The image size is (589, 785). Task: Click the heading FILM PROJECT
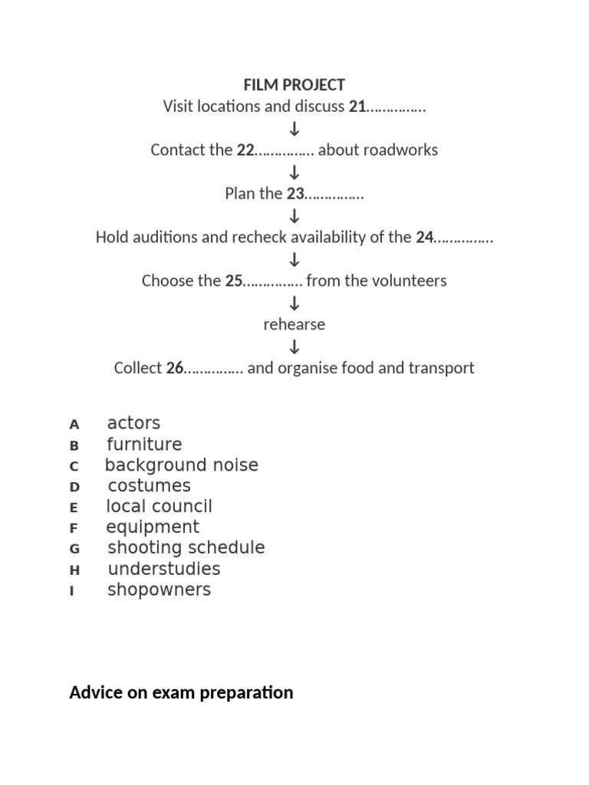(x=294, y=84)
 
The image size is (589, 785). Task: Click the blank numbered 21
(x=396, y=107)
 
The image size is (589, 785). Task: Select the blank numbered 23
(x=334, y=195)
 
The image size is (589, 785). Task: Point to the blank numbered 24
(x=463, y=238)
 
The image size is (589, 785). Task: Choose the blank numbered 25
(x=273, y=281)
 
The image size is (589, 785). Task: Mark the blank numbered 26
(x=214, y=369)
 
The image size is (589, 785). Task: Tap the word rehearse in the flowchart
(x=294, y=324)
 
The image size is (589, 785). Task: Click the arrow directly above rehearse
(x=294, y=304)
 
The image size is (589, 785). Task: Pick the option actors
(x=133, y=423)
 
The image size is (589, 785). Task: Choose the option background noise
(x=182, y=465)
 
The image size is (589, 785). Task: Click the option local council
(x=160, y=507)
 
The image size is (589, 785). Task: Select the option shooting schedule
(x=186, y=548)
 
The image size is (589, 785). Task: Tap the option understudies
(x=164, y=569)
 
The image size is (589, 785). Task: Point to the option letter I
(x=72, y=591)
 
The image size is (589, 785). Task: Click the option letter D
(x=74, y=487)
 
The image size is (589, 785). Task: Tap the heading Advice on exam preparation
(x=181, y=693)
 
